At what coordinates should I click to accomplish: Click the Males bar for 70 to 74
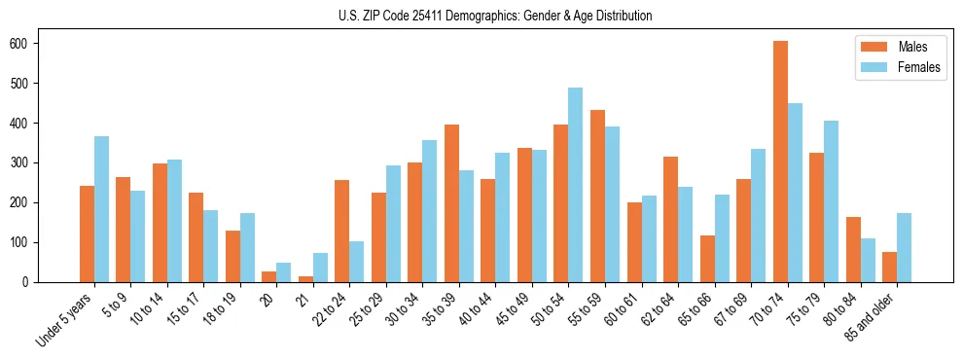781,162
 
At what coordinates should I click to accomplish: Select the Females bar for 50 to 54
576,185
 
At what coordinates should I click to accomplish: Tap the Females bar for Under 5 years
101,209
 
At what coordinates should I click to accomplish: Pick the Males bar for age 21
305,279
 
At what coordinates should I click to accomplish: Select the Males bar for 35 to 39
452,203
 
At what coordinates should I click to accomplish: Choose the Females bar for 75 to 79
832,201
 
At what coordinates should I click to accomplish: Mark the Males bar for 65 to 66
707,259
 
